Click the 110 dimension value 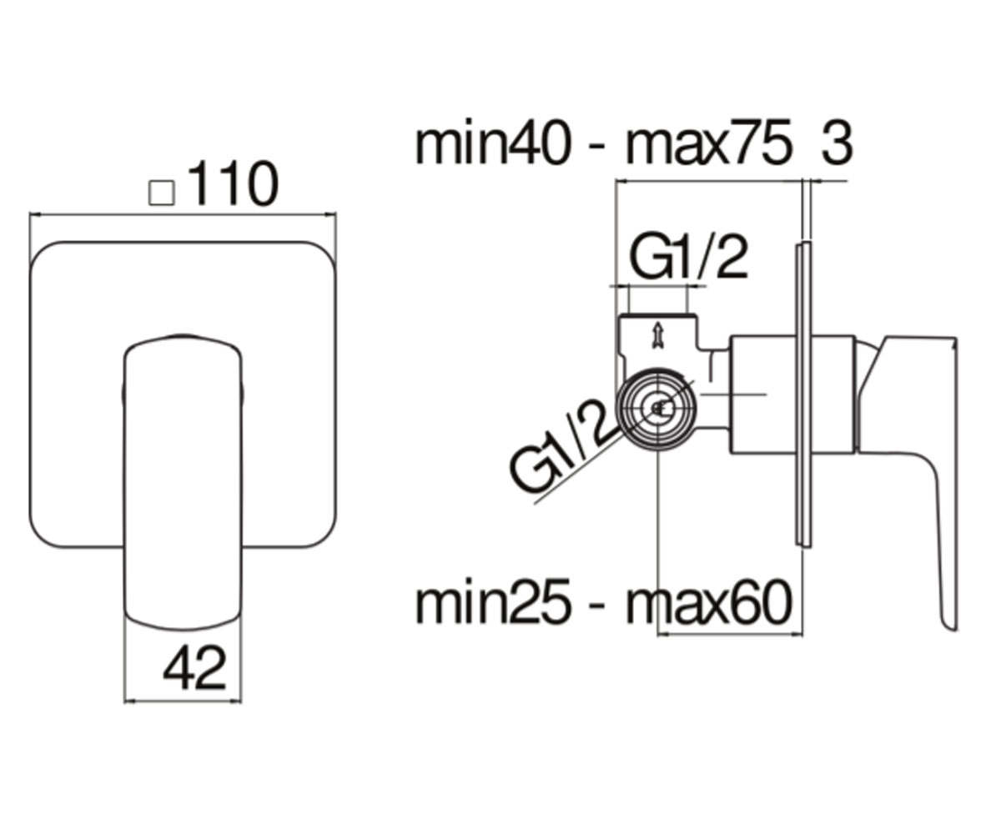pos(234,183)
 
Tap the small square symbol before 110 pos(162,193)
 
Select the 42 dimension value pos(194,668)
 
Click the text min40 pos(493,143)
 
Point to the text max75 pos(708,143)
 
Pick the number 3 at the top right pos(837,143)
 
